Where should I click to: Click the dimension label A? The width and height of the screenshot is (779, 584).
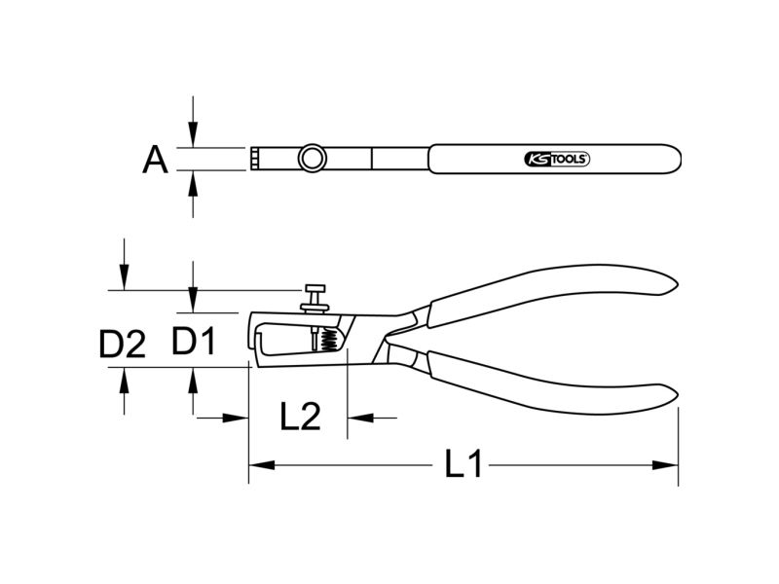pyautogui.click(x=155, y=160)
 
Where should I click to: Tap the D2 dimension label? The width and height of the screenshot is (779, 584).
pyautogui.click(x=123, y=345)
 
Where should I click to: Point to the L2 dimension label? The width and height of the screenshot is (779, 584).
pyautogui.click(x=300, y=417)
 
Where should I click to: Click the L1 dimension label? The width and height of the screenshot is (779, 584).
pyautogui.click(x=464, y=464)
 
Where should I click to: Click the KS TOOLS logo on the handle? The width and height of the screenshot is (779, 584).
pyautogui.click(x=557, y=159)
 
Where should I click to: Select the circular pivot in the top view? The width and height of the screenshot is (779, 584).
pyautogui.click(x=312, y=159)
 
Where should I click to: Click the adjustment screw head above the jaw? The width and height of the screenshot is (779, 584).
pyautogui.click(x=315, y=288)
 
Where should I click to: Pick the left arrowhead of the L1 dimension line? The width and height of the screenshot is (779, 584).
pyautogui.click(x=261, y=465)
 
